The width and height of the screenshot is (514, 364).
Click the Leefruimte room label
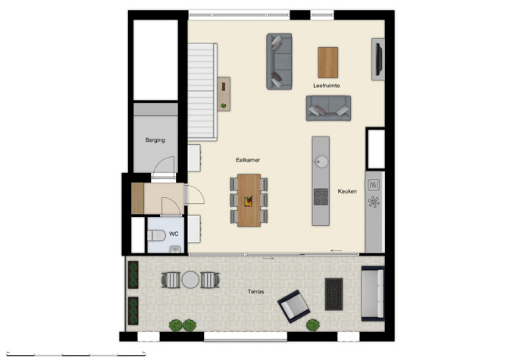326,86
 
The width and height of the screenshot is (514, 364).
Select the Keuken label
347,191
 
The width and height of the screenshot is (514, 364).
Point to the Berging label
155,140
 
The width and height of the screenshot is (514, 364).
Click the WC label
174,234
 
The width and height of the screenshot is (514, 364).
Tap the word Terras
255,292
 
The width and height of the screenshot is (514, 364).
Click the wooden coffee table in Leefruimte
328,62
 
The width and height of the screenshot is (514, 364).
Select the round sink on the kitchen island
321,160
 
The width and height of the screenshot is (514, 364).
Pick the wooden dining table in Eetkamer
249,200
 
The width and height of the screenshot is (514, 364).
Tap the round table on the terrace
190,280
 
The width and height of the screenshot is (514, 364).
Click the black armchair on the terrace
294,306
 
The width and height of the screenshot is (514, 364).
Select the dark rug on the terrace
334,293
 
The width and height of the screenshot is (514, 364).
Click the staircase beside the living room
202,91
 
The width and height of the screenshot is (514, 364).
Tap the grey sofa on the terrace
372,293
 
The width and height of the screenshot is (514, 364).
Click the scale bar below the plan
76,354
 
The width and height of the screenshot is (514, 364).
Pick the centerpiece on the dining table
248,200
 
